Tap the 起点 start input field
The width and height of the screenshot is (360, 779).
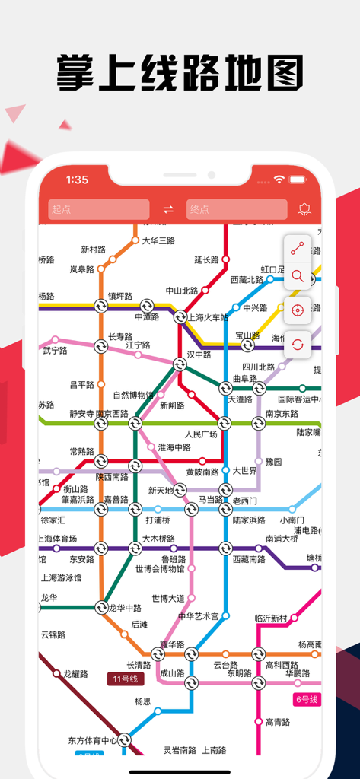[x=98, y=209]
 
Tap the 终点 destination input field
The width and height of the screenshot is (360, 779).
[x=237, y=209]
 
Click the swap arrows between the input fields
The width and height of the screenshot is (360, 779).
[x=168, y=209]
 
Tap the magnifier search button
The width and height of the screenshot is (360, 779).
[x=298, y=276]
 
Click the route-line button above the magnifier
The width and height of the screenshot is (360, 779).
[x=298, y=248]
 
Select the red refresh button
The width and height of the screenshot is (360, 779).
[x=298, y=344]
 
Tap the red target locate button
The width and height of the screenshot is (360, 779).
[x=298, y=310]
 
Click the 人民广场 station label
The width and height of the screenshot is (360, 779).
[x=201, y=434]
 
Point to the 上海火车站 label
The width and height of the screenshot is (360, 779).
[x=209, y=318]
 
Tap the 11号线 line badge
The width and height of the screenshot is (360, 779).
[x=126, y=679]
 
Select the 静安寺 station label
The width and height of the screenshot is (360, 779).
[x=81, y=414]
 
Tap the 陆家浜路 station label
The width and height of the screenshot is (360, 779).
[x=249, y=520]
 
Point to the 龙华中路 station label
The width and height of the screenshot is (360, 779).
[x=125, y=608]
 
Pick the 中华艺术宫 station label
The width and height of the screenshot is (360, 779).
[x=198, y=616]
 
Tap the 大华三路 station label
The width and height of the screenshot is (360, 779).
[x=158, y=240]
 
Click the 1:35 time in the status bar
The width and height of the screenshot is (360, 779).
[x=77, y=180]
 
